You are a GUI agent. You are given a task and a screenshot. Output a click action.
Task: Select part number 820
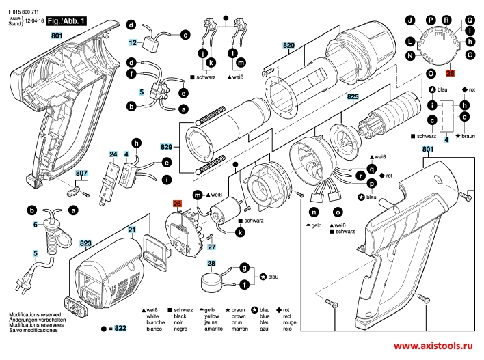point(288,46)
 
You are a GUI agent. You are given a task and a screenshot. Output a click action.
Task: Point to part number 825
point(352,98)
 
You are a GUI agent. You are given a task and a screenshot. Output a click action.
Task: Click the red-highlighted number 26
point(176,204)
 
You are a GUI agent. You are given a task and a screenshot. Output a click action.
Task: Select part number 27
point(212,247)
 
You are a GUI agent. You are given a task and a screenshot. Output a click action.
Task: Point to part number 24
point(113,155)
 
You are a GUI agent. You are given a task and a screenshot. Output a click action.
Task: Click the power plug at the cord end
point(30,280)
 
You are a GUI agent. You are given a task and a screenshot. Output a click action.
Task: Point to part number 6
point(35,224)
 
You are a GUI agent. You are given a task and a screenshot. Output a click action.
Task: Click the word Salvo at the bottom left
point(15,331)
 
